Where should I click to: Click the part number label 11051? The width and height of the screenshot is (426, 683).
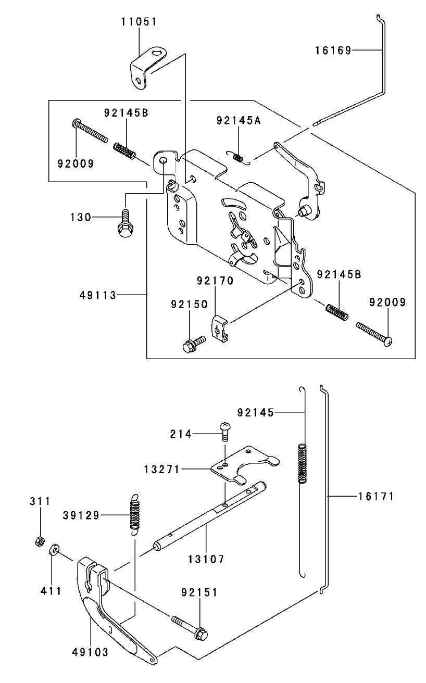point(139,22)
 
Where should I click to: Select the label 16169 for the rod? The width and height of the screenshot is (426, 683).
point(333,50)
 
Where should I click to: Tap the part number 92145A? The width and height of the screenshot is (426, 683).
point(239,120)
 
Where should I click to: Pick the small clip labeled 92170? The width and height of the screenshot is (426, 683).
point(220,330)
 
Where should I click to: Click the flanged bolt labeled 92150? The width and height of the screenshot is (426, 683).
point(194,344)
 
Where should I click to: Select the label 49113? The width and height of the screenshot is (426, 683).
point(98,295)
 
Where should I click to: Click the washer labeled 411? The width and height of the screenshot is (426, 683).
point(54,550)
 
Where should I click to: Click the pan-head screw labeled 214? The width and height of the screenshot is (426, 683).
point(225,432)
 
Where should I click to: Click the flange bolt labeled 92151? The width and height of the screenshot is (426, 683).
point(190,625)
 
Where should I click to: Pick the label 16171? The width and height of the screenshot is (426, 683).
point(376,497)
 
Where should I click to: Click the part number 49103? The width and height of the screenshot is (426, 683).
point(90,652)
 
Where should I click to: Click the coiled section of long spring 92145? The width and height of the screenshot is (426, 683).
point(302,464)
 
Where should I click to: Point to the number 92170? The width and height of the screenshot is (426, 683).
point(215,281)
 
